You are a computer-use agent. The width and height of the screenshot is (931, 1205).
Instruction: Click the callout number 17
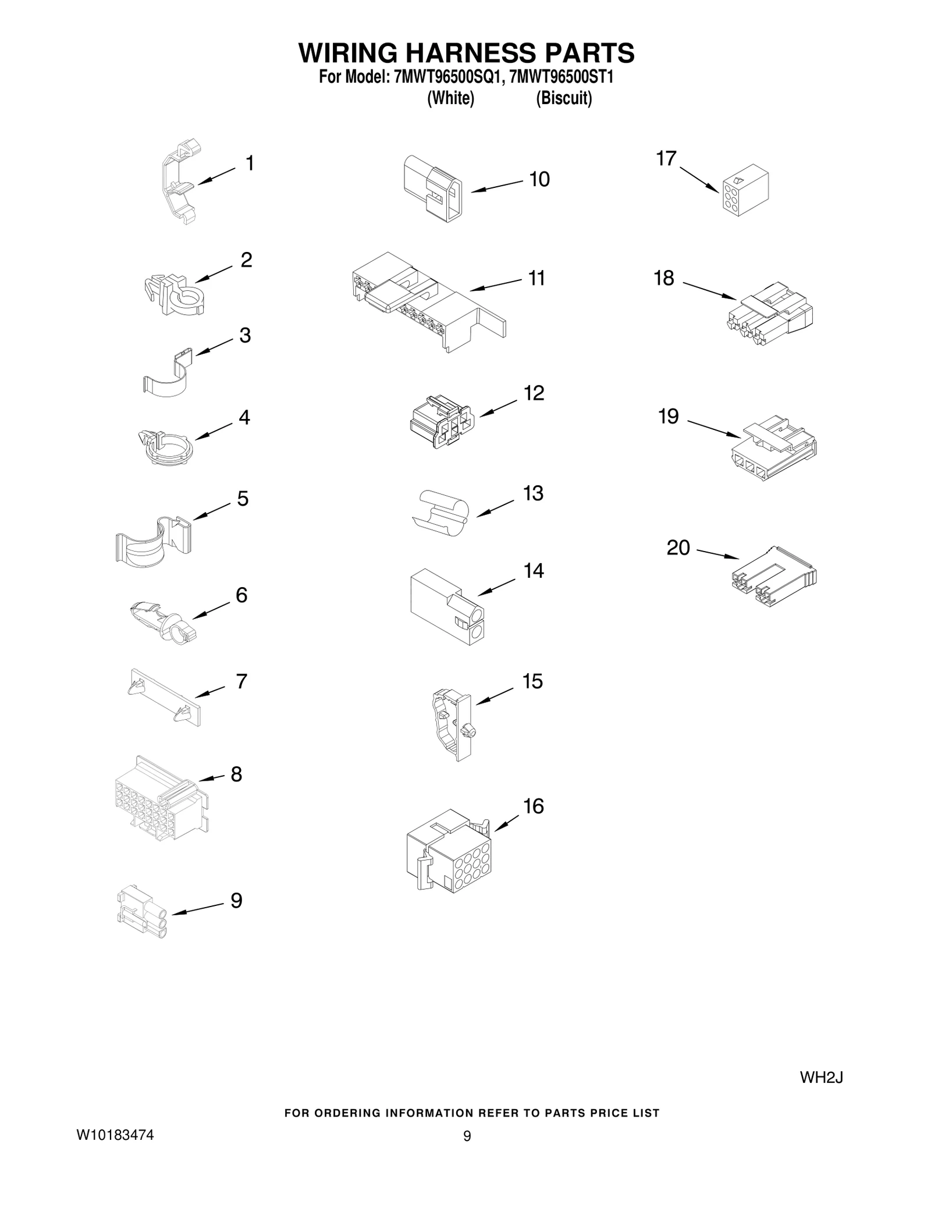(666, 158)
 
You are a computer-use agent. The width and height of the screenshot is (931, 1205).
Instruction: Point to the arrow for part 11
(495, 285)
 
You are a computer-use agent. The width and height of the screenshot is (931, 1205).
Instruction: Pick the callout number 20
(678, 548)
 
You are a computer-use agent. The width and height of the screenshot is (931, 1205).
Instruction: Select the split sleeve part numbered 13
(441, 511)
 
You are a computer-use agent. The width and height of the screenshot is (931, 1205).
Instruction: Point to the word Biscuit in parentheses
(563, 98)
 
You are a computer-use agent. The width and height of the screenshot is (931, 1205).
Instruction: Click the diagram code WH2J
(821, 1078)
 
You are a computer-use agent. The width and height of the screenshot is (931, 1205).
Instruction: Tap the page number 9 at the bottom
(467, 1152)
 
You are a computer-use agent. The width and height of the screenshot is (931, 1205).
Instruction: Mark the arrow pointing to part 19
(714, 428)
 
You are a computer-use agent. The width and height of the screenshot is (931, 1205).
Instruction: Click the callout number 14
(534, 571)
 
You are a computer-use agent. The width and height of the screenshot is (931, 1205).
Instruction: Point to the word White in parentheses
(451, 98)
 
